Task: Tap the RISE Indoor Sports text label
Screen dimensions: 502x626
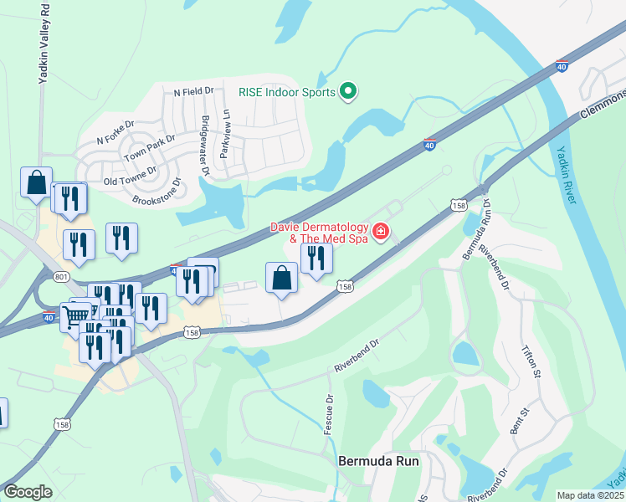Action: click(287, 92)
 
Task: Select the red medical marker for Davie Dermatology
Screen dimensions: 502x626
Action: click(381, 230)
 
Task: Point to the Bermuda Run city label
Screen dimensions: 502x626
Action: click(377, 461)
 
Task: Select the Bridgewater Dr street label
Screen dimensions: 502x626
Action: click(205, 145)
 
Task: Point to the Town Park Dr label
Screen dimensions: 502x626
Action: click(149, 149)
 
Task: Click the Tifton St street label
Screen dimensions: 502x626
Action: click(533, 362)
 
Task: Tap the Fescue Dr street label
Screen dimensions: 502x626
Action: click(329, 413)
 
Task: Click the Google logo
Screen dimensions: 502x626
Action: click(28, 492)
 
